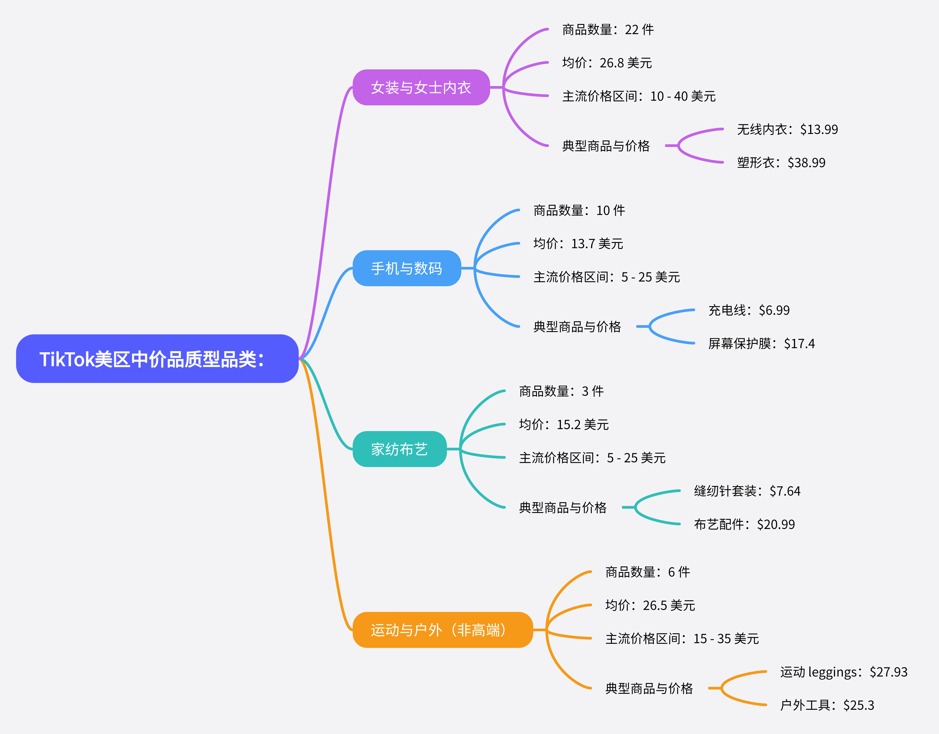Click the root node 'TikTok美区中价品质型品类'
pos(157,359)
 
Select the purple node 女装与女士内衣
pos(421,87)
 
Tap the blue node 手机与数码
pos(406,268)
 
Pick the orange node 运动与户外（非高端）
pos(442,630)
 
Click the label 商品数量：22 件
pos(607,30)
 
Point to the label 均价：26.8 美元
pos(607,63)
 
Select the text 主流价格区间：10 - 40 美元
pos(638,96)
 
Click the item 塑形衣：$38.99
pos(781,163)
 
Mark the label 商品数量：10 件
pos(579,210)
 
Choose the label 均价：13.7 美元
pos(578,244)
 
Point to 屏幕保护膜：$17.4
pos(761,343)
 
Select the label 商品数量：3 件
pos(561,391)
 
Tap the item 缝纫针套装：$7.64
pos(747,491)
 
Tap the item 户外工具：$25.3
pos(827,705)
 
